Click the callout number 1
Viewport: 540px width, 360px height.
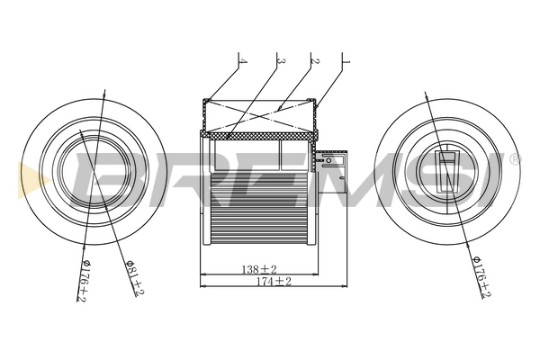[345, 63]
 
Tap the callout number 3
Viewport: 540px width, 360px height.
[280, 62]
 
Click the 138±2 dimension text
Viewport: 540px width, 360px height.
[259, 269]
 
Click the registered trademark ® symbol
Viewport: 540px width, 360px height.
[515, 159]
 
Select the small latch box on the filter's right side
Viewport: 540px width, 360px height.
[330, 162]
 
